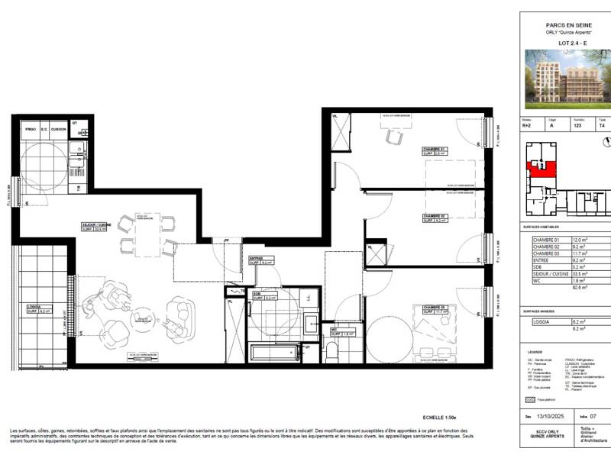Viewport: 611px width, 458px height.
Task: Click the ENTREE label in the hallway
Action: (254, 258)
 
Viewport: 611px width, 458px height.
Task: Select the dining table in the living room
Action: (146, 234)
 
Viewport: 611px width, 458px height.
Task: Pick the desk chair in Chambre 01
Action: (394, 137)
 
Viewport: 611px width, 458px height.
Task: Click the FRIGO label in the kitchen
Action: (31, 129)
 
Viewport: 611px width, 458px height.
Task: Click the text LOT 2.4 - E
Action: (565, 44)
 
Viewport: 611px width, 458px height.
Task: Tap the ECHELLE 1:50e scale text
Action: (439, 418)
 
